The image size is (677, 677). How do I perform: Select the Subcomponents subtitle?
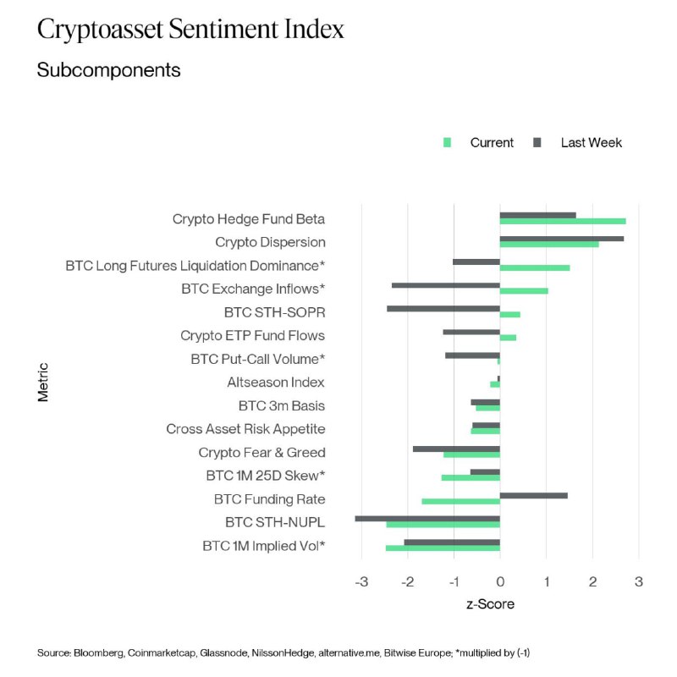tap(108, 70)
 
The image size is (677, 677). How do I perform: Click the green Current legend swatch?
tap(448, 143)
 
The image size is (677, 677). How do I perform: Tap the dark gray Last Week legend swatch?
tap(537, 143)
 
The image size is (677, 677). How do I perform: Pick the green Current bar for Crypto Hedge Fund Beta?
tap(563, 222)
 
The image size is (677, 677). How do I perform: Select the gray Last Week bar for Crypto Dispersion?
tap(562, 239)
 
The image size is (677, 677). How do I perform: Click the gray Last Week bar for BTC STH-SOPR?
tap(443, 309)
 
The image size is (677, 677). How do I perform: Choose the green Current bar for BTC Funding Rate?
tap(461, 502)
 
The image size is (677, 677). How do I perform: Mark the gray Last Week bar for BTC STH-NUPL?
tap(427, 519)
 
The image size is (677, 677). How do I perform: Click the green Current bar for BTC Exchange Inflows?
tap(524, 291)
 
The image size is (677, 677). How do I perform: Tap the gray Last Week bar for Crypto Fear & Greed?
tap(456, 449)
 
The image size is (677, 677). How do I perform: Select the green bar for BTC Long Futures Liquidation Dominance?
tap(535, 268)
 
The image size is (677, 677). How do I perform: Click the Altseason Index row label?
tap(276, 383)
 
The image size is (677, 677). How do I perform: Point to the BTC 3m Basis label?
tap(282, 405)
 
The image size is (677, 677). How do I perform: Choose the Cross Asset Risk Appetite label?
tap(245, 429)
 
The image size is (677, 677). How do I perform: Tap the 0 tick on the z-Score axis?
tap(500, 582)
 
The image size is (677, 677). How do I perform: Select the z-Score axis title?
tap(490, 604)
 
